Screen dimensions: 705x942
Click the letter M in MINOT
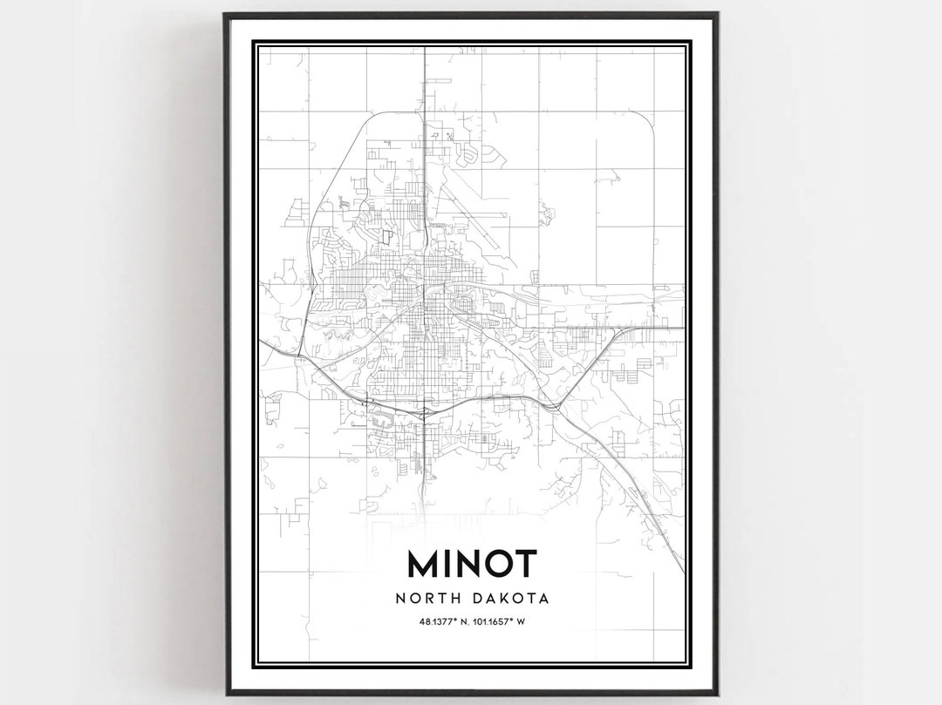click(425, 564)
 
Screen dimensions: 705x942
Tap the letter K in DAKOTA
click(507, 599)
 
